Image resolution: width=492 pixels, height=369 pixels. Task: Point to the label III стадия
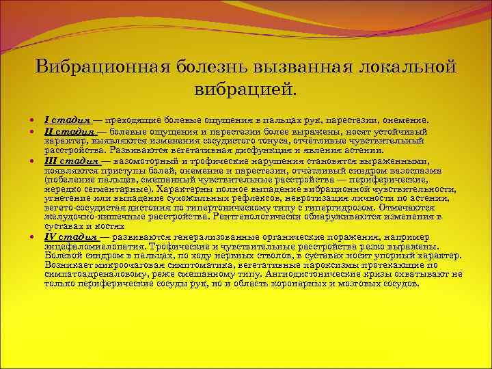tap(70, 161)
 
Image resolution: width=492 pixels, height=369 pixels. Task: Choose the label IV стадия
tap(68, 236)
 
